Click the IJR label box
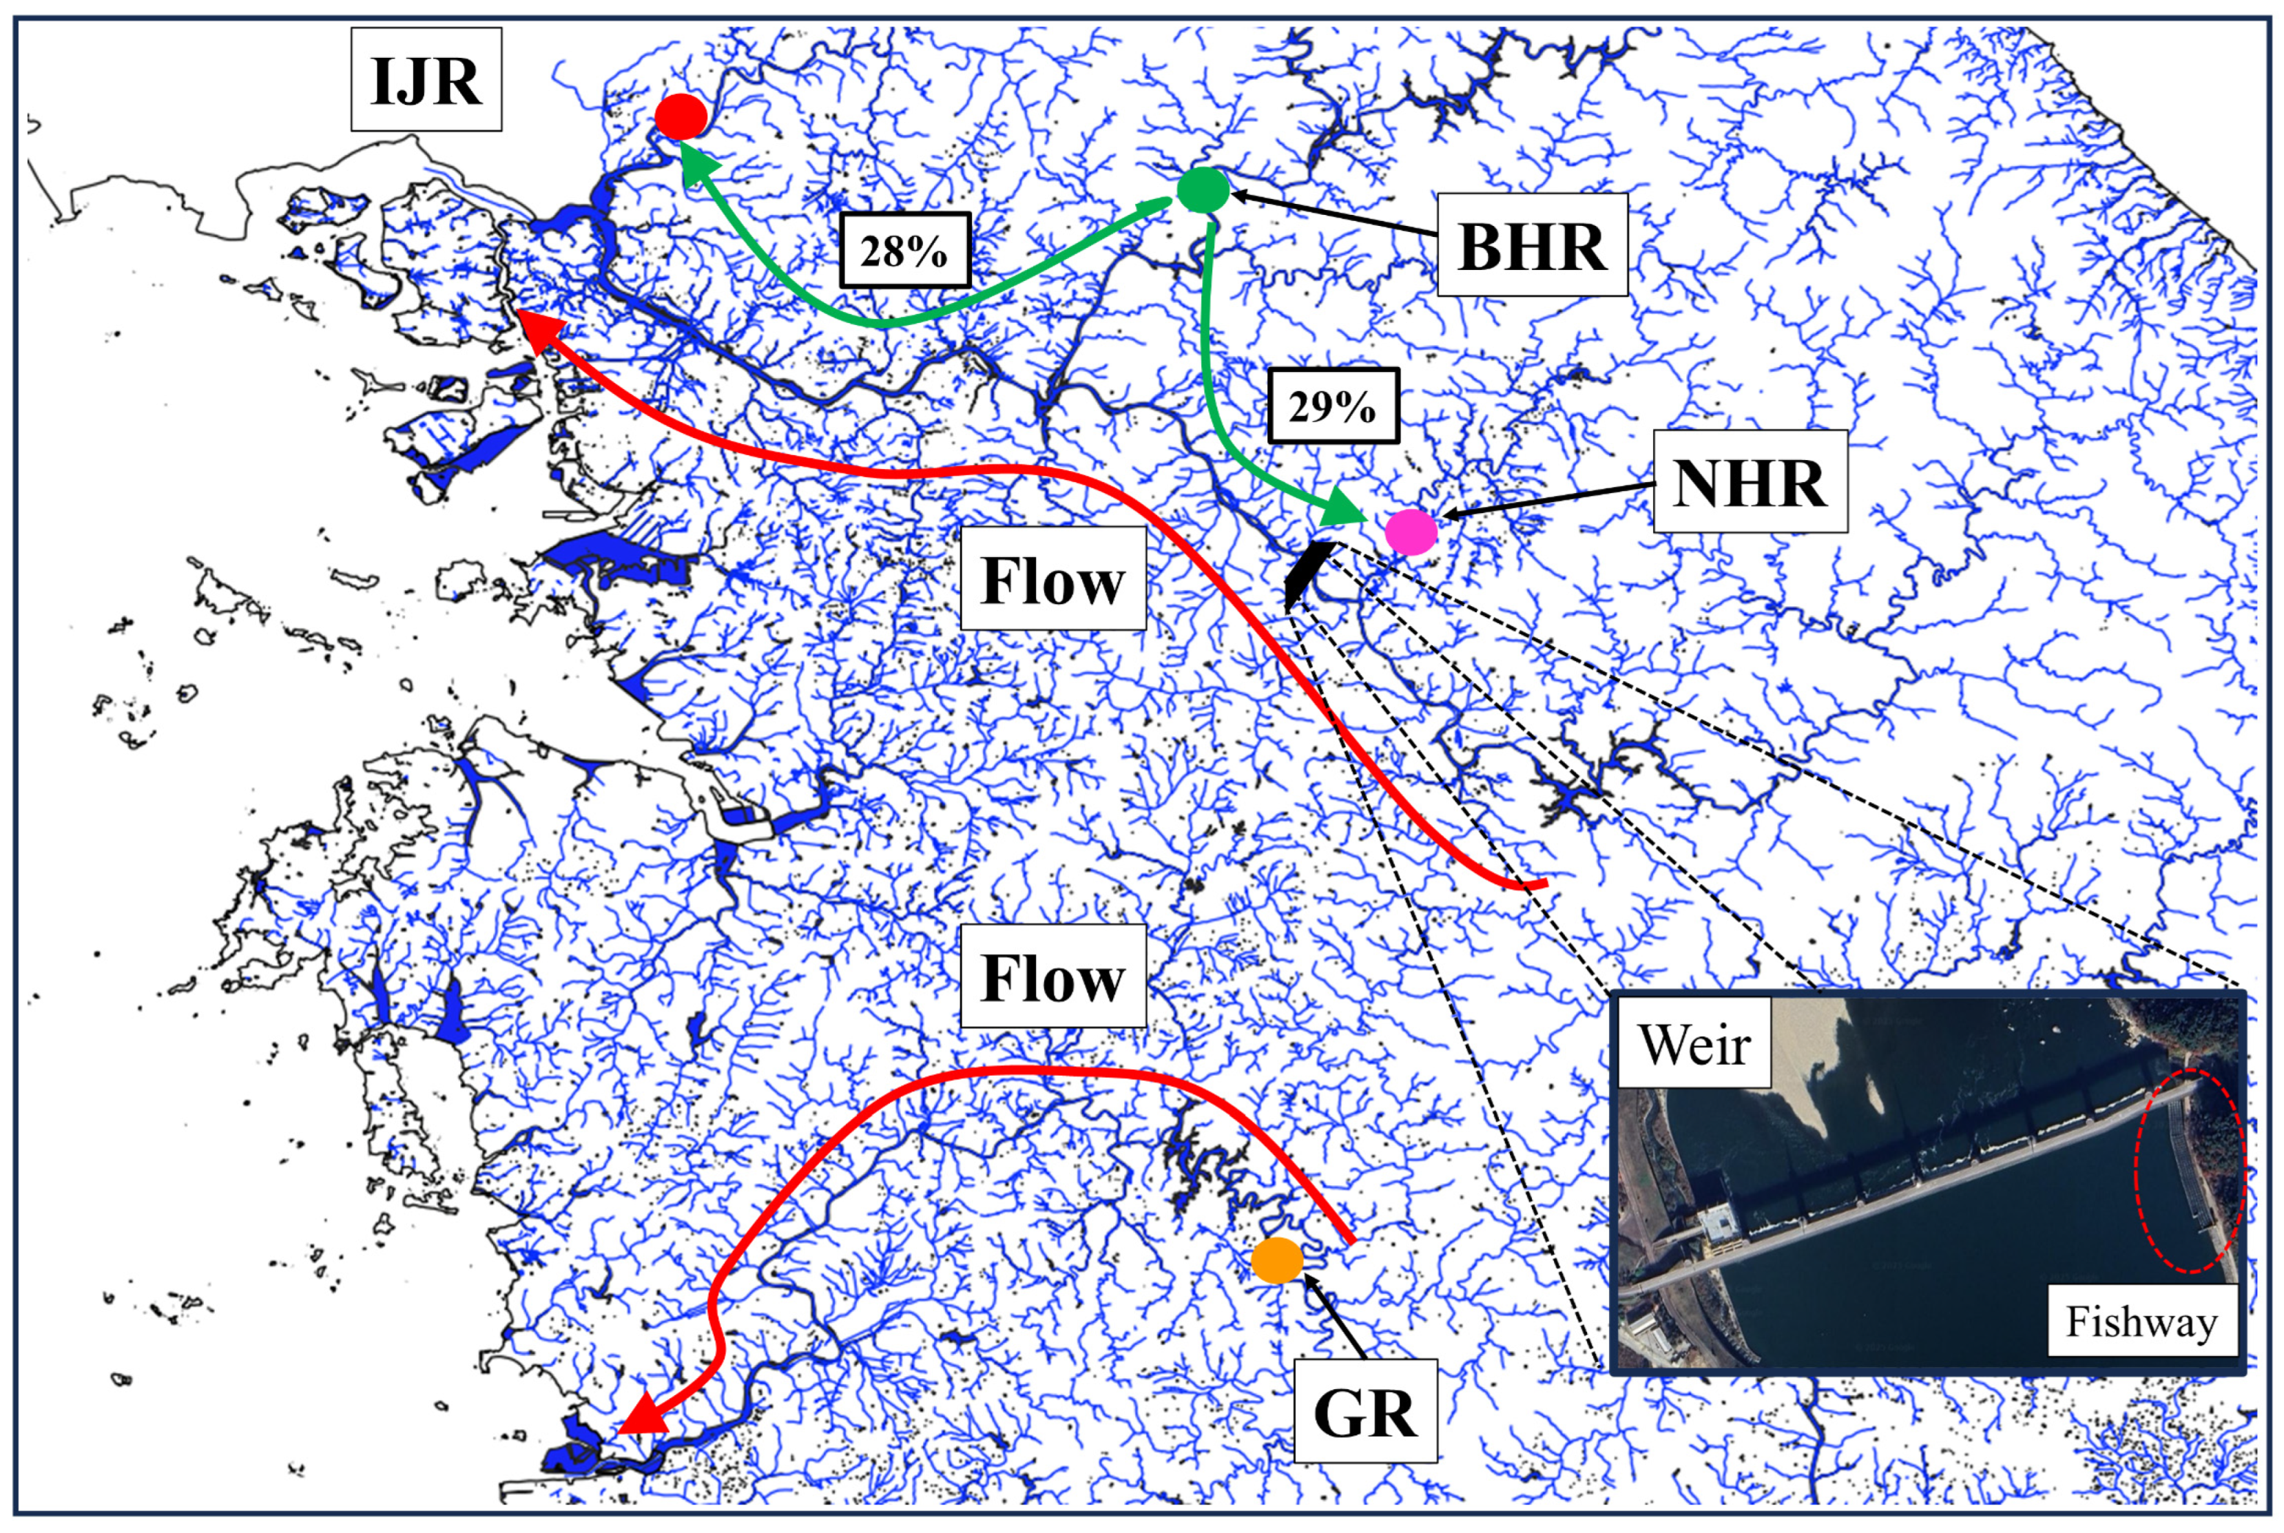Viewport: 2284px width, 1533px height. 426,80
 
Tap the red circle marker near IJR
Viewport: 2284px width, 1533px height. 681,117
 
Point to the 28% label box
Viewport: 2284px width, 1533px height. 904,250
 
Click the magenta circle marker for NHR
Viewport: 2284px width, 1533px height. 1411,532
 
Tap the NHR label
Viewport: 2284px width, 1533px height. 1750,482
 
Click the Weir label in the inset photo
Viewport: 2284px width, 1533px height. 1694,1044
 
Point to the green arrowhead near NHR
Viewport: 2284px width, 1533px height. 1343,510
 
